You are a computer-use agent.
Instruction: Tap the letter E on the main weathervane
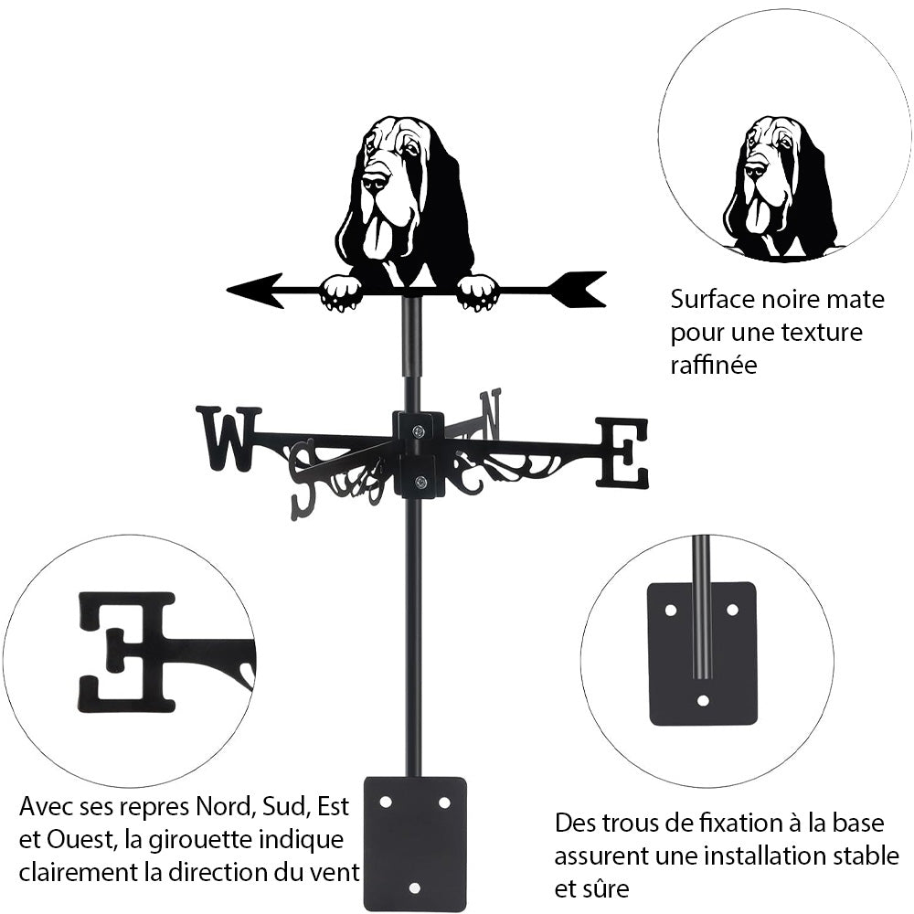tap(622, 452)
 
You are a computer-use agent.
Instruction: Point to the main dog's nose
tap(375, 181)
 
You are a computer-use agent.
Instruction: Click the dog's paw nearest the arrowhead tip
tap(341, 292)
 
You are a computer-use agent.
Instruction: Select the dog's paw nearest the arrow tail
tap(477, 292)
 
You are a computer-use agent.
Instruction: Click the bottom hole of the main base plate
tap(414, 887)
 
